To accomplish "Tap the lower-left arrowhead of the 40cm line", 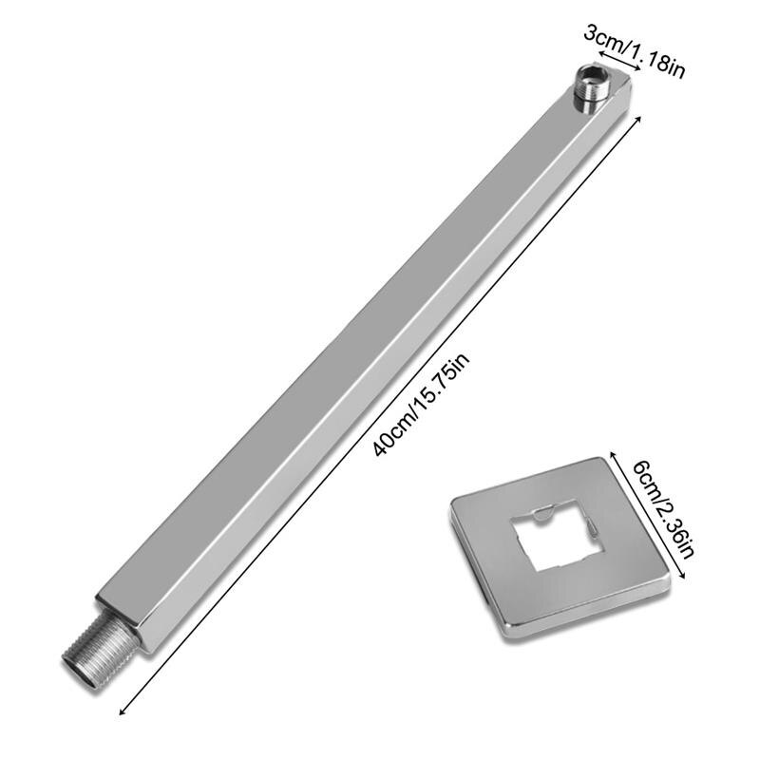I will [x=121, y=708].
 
